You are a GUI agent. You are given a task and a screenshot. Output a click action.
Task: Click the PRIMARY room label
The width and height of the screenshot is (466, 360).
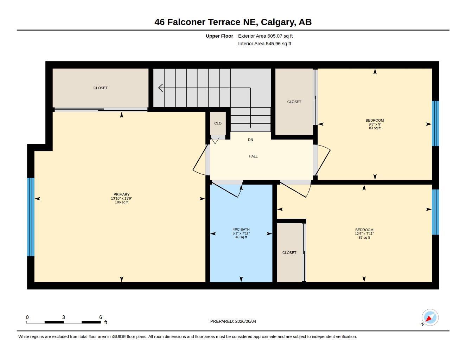121,194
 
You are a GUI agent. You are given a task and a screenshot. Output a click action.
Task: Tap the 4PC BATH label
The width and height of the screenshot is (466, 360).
241,229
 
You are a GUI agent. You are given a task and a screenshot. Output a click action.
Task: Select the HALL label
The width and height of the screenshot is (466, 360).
253,156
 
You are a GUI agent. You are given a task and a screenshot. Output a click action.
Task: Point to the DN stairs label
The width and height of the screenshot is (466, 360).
250,140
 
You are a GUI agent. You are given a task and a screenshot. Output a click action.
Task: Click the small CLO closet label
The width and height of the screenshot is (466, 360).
218,123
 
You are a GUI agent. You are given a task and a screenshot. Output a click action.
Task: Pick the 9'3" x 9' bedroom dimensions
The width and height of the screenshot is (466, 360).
375,124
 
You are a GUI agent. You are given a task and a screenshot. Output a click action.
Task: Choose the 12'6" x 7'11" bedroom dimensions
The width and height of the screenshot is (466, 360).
364,234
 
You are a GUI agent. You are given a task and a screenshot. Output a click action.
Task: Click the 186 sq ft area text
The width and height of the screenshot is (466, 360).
122,202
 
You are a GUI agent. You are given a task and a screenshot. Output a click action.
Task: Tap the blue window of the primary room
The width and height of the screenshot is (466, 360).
31,217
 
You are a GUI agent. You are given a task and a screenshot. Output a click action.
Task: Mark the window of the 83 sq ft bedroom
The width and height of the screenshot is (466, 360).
435,123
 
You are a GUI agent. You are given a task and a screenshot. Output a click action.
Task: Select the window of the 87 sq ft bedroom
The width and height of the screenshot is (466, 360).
435,212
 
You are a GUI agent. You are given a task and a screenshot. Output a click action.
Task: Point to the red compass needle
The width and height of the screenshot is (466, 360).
429,318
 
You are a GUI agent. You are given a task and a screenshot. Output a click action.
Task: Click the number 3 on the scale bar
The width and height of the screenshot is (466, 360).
63,317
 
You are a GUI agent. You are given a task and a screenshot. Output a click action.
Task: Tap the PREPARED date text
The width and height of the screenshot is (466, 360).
233,321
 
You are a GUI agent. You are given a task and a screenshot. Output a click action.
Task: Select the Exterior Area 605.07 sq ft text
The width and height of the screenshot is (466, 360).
265,36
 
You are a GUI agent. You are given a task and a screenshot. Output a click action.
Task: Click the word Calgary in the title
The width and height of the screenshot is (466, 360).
277,22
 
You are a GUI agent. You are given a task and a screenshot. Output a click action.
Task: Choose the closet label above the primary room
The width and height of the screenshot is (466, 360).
100,88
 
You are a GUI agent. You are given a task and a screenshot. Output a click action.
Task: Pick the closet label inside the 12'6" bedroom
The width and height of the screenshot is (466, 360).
289,253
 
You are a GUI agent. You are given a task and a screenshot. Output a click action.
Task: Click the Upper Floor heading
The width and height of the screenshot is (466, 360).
219,36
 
